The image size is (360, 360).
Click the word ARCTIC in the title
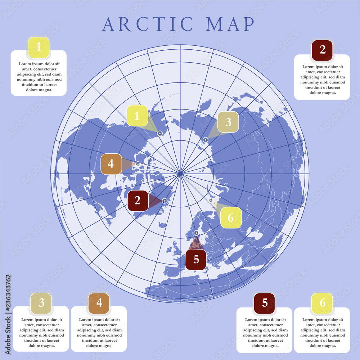coord(148,24)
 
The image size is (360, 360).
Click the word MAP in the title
coord(230,24)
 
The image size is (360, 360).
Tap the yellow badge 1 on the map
coord(137,116)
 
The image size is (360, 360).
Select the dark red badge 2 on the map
coord(138,201)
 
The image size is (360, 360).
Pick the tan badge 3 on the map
coord(228,122)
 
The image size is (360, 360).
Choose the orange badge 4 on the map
coord(111,164)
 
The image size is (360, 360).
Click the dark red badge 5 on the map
coord(196,259)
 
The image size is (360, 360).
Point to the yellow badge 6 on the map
coord(231,217)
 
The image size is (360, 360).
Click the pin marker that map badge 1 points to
coord(160,133)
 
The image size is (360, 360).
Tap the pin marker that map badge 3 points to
coord(206,140)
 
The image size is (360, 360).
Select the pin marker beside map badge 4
coord(138,164)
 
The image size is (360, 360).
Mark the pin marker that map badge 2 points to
coord(165,201)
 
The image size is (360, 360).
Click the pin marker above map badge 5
coord(196,233)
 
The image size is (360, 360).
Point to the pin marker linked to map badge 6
coord(211,200)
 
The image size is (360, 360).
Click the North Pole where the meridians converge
coord(180,174)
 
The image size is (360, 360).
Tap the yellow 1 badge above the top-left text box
coord(39,48)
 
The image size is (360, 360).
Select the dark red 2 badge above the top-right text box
coord(322,50)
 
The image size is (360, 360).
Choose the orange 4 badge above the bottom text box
coord(99,303)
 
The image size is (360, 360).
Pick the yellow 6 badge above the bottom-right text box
coord(322,303)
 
